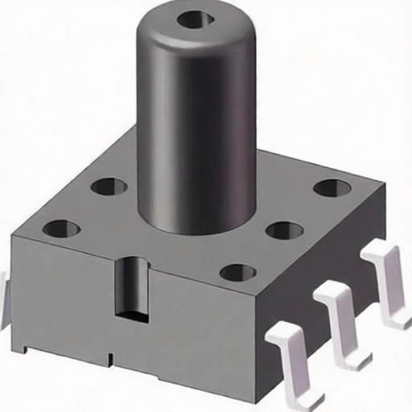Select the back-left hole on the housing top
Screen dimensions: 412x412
pos(109,187)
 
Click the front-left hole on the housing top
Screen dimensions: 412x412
pos(61,229)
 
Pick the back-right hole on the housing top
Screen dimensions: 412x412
pos(332,187)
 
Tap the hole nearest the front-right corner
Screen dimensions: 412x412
pos(238,272)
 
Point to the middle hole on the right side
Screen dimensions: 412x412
pos(284,231)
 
